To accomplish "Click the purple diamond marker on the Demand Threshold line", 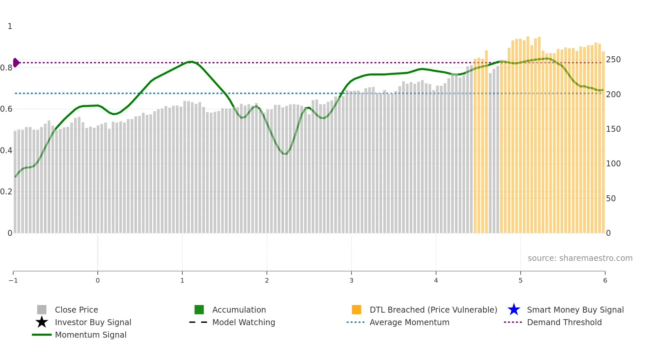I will click(16, 63).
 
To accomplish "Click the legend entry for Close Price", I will click(76, 310).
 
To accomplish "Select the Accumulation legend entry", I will click(239, 310).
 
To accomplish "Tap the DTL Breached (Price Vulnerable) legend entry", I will click(433, 310).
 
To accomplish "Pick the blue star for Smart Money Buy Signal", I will click(514, 310).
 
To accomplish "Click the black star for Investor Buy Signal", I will click(42, 322).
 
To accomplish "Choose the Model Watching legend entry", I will click(243, 322).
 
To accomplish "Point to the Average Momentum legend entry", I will click(409, 322).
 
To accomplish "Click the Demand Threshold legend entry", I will click(564, 322).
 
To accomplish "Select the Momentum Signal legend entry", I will click(90, 335).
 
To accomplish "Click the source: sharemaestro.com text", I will click(580, 258).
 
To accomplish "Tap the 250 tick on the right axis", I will click(613, 60).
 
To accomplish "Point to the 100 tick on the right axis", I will click(613, 164).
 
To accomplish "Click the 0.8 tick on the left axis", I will click(6, 68).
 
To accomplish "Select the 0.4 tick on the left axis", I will click(6, 151).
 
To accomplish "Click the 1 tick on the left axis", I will click(10, 26).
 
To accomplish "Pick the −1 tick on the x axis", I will click(13, 281).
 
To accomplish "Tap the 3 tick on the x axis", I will click(351, 281).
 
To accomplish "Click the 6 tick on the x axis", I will click(605, 281).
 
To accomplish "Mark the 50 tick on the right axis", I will click(611, 199).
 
